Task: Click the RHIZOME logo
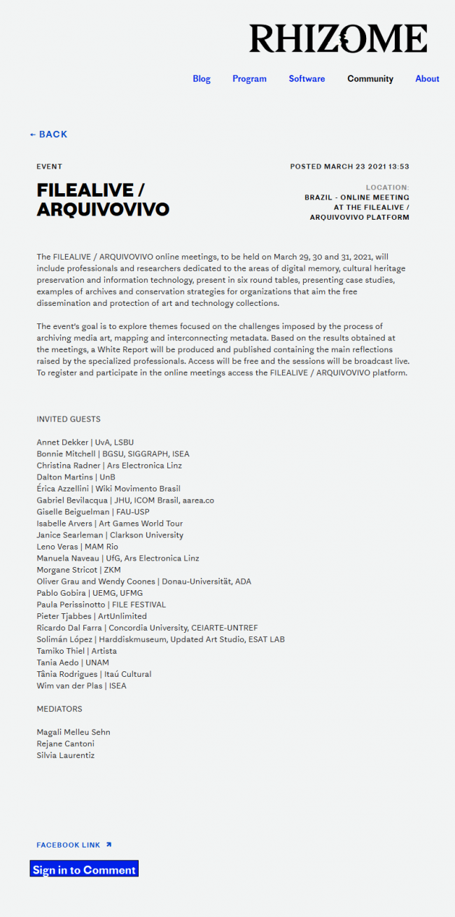338,38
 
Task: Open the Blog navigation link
202,79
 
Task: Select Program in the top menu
249,79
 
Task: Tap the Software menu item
307,79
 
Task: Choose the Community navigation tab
370,79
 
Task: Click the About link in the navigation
427,79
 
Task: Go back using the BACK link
49,134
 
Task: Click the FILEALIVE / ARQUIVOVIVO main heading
103,199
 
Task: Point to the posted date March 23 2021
349,167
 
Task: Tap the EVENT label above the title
50,167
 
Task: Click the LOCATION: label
387,188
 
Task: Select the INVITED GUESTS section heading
69,419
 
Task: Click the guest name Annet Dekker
62,442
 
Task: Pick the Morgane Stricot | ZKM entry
78,570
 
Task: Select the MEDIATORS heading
59,709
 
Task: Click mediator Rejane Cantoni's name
65,744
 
